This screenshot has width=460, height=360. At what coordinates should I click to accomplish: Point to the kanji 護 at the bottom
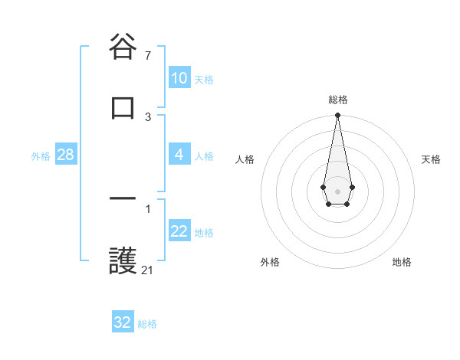[x=123, y=261]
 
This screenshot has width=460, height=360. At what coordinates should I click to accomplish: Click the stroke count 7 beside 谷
[x=148, y=56]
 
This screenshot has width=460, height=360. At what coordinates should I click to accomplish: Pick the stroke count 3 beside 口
[x=148, y=116]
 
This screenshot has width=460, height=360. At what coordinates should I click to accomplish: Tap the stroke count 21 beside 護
[x=148, y=270]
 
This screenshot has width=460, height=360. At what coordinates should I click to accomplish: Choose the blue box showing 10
[x=179, y=78]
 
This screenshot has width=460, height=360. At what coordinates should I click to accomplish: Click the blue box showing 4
[x=179, y=155]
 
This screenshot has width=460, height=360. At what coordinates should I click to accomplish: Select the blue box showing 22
[x=179, y=231]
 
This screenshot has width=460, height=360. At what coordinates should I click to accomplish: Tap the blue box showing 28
[x=66, y=155]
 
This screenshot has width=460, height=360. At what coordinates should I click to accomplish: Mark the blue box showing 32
[x=123, y=322]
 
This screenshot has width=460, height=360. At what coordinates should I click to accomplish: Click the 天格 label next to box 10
[x=204, y=80]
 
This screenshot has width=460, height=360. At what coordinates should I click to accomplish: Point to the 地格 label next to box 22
[x=204, y=233]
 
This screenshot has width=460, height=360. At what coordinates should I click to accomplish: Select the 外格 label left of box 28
[x=41, y=156]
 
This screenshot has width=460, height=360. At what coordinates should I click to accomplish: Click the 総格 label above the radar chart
[x=337, y=100]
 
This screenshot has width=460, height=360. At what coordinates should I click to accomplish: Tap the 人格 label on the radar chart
[x=245, y=159]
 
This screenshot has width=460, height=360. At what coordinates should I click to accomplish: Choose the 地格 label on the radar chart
[x=402, y=263]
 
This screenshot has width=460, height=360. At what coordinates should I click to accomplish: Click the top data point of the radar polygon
[x=337, y=116]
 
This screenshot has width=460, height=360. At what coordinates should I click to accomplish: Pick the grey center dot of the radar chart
[x=337, y=190]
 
